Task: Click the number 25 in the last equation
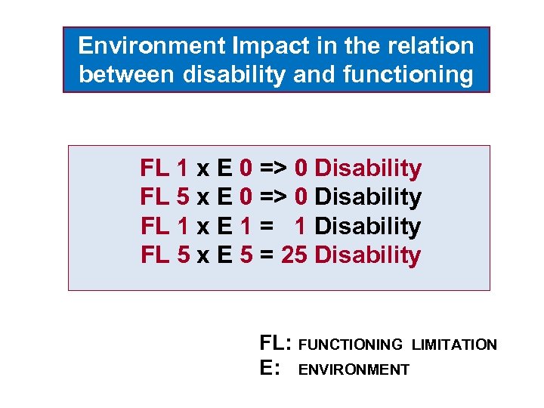(294, 255)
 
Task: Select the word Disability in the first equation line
(368, 168)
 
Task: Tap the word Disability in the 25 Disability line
(368, 255)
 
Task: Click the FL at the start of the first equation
(155, 168)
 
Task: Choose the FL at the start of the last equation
(155, 255)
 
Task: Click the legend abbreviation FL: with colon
(276, 344)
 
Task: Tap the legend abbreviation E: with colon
(270, 369)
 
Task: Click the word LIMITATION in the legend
(454, 345)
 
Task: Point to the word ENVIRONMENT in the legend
(354, 370)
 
